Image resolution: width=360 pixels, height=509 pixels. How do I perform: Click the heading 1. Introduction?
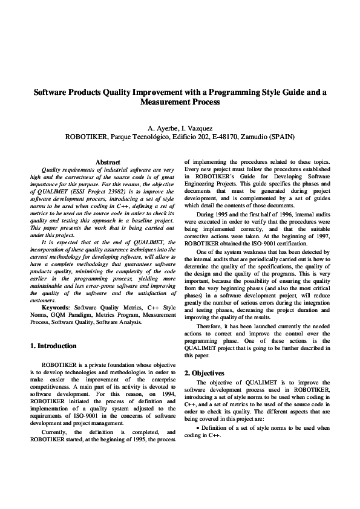(53, 346)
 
